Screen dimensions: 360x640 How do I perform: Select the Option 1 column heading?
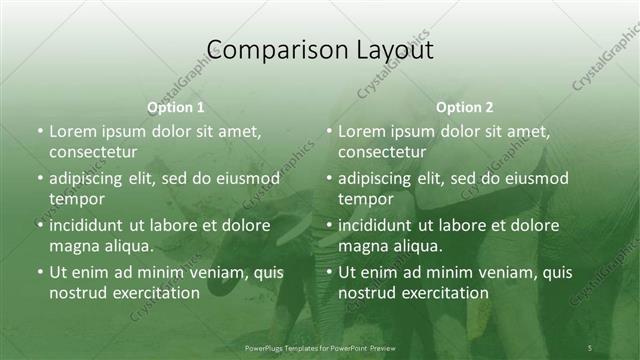click(176, 107)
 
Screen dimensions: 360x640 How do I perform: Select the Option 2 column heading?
click(464, 107)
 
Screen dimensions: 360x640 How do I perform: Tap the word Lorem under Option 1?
click(72, 131)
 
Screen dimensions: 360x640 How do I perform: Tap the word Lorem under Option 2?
click(361, 131)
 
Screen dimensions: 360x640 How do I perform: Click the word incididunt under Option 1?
click(93, 225)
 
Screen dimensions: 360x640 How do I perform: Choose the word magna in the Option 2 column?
click(361, 246)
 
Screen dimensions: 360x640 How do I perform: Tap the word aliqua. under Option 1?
click(126, 246)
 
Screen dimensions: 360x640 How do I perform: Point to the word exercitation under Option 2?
click(443, 293)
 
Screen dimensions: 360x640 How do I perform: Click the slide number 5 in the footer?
click(590, 347)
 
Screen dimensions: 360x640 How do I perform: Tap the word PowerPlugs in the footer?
click(265, 348)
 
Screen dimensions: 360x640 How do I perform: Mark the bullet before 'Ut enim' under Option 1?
click(40, 272)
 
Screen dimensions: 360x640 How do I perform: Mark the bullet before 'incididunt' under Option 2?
click(329, 225)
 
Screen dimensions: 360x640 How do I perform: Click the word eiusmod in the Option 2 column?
click(537, 179)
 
